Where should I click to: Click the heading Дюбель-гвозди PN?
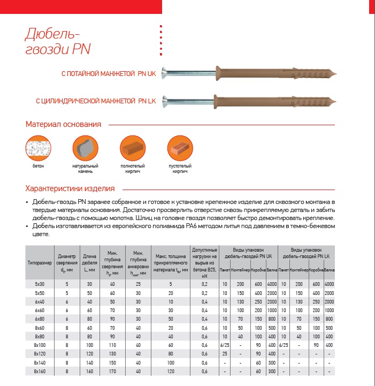pyautogui.click(x=58, y=42)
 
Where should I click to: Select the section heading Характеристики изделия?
pyautogui.click(x=70, y=188)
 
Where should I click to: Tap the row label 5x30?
pyautogui.click(x=39, y=284)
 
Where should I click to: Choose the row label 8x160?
pyautogui.click(x=39, y=370)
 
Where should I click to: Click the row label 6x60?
pyautogui.click(x=39, y=310)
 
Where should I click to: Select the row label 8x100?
pyautogui.click(x=39, y=345)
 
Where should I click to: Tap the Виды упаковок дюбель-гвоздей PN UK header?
pyautogui.click(x=249, y=253)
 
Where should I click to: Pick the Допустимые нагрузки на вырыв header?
pyautogui.click(x=204, y=262)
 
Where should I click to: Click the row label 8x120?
pyautogui.click(x=39, y=353)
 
